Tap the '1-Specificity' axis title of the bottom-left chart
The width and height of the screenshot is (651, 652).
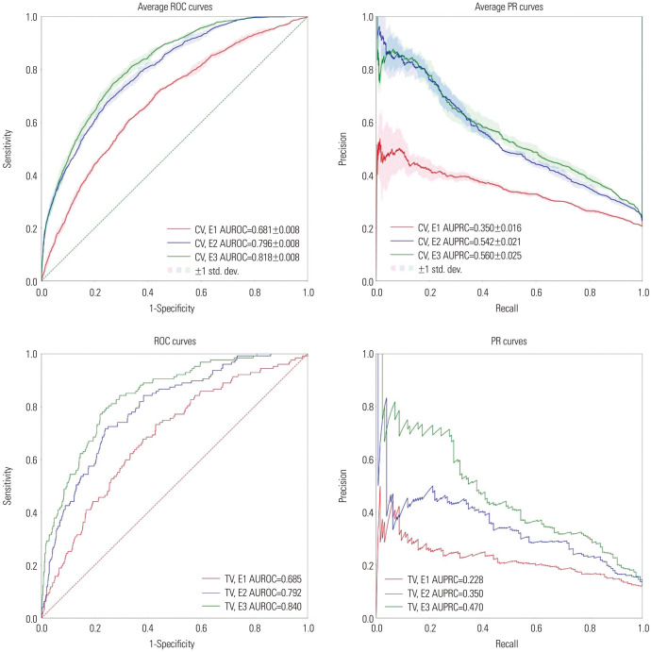coord(175,636)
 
